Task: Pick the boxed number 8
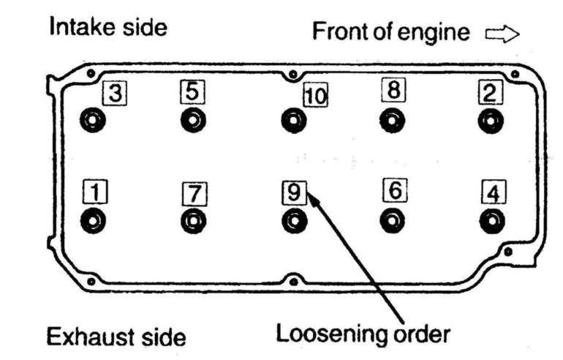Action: pyautogui.click(x=393, y=91)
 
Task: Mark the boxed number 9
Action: pyautogui.click(x=292, y=192)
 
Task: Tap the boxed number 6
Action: pyautogui.click(x=393, y=190)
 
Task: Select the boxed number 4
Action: pyautogui.click(x=494, y=193)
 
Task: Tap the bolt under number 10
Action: pyautogui.click(x=292, y=119)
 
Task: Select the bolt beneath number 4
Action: pyautogui.click(x=492, y=219)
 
